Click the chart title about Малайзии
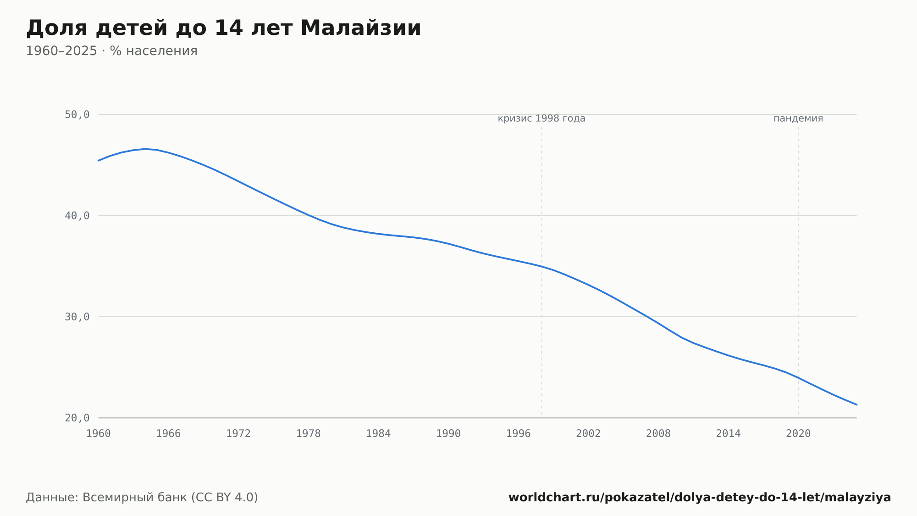tap(223, 28)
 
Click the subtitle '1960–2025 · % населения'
tap(111, 51)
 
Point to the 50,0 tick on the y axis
tap(77, 115)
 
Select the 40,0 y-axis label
tap(77, 216)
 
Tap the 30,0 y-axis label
tap(77, 317)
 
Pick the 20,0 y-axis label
tap(77, 418)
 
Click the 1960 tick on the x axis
tap(99, 434)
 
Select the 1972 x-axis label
tap(238, 434)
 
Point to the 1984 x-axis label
tap(378, 434)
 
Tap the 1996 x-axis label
tap(518, 434)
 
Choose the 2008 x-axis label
tap(658, 434)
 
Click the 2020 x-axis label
tap(798, 434)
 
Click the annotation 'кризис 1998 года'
tap(541, 118)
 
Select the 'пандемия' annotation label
tap(798, 118)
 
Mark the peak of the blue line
tap(145, 149)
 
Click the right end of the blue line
tap(856, 404)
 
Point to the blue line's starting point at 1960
tap(99, 161)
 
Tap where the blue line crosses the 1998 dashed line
tap(541, 266)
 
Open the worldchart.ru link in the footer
tap(700, 498)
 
